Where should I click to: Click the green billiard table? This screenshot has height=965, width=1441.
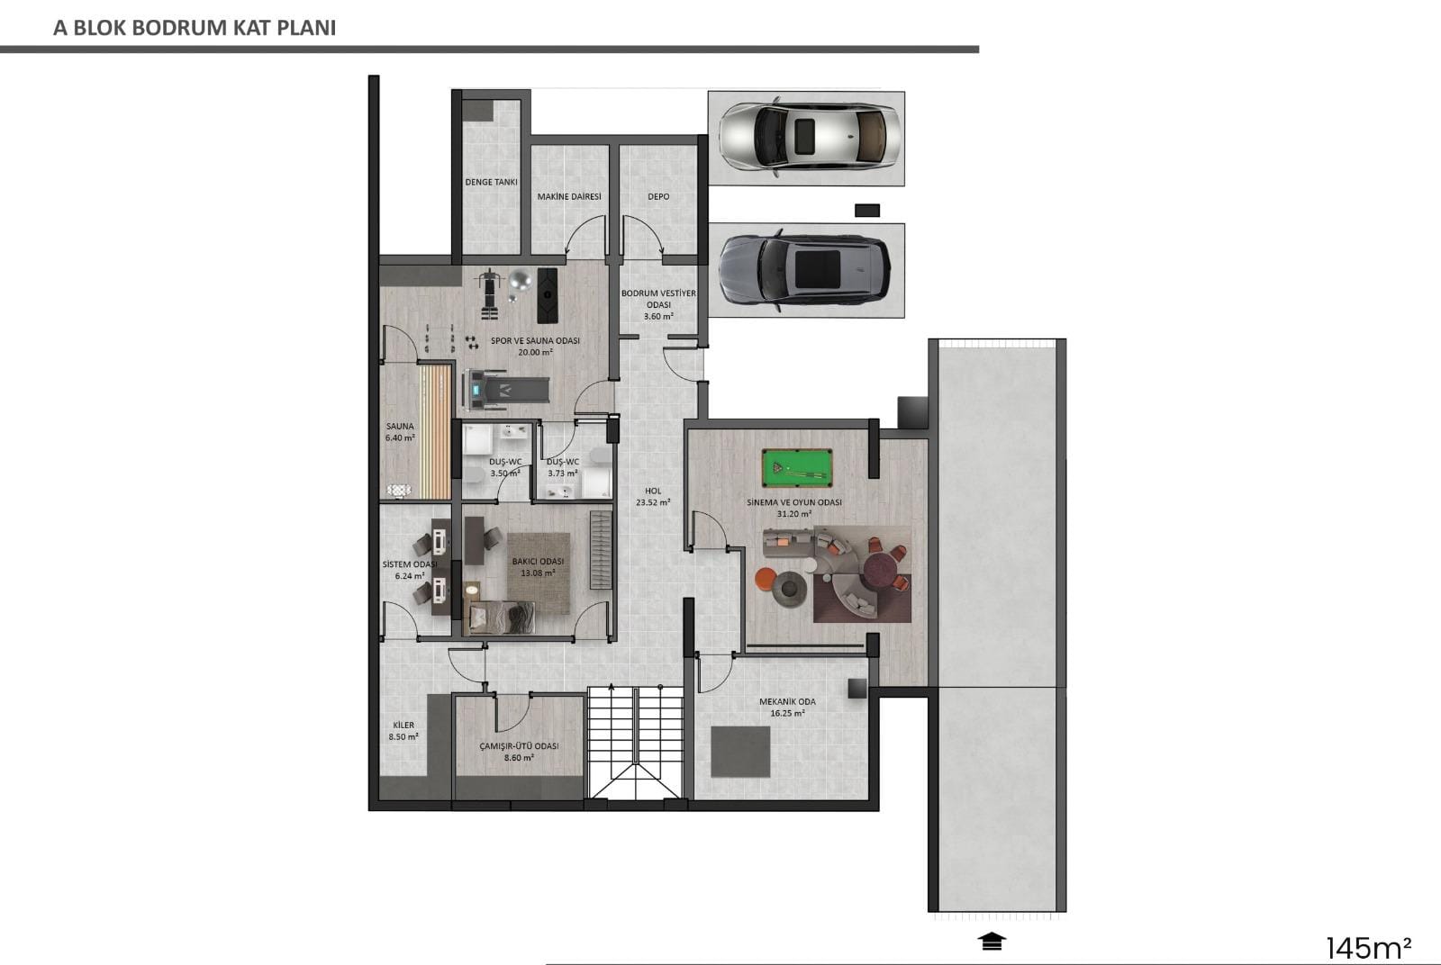[796, 468]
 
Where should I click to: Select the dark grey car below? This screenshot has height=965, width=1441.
[805, 270]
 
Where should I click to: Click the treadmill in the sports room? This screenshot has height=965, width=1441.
[506, 390]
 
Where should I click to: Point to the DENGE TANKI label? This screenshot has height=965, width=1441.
[492, 182]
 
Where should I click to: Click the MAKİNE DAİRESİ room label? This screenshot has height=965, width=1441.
[569, 197]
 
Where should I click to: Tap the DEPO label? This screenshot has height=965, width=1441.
[658, 197]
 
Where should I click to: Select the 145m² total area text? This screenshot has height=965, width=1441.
[1369, 948]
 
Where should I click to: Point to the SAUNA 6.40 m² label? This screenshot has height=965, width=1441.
[400, 432]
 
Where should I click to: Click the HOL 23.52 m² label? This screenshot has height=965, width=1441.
[653, 497]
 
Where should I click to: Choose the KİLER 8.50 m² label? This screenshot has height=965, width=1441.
[404, 731]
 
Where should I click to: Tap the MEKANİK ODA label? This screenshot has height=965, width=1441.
[787, 701]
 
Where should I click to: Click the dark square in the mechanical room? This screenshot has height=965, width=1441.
[740, 753]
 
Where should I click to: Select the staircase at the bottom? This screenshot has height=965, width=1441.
[636, 743]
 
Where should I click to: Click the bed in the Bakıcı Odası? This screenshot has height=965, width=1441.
[500, 618]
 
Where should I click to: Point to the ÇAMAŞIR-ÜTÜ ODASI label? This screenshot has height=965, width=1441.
[519, 745]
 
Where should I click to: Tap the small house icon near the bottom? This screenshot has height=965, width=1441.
[992, 942]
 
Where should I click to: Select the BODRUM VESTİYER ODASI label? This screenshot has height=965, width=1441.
[658, 299]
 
